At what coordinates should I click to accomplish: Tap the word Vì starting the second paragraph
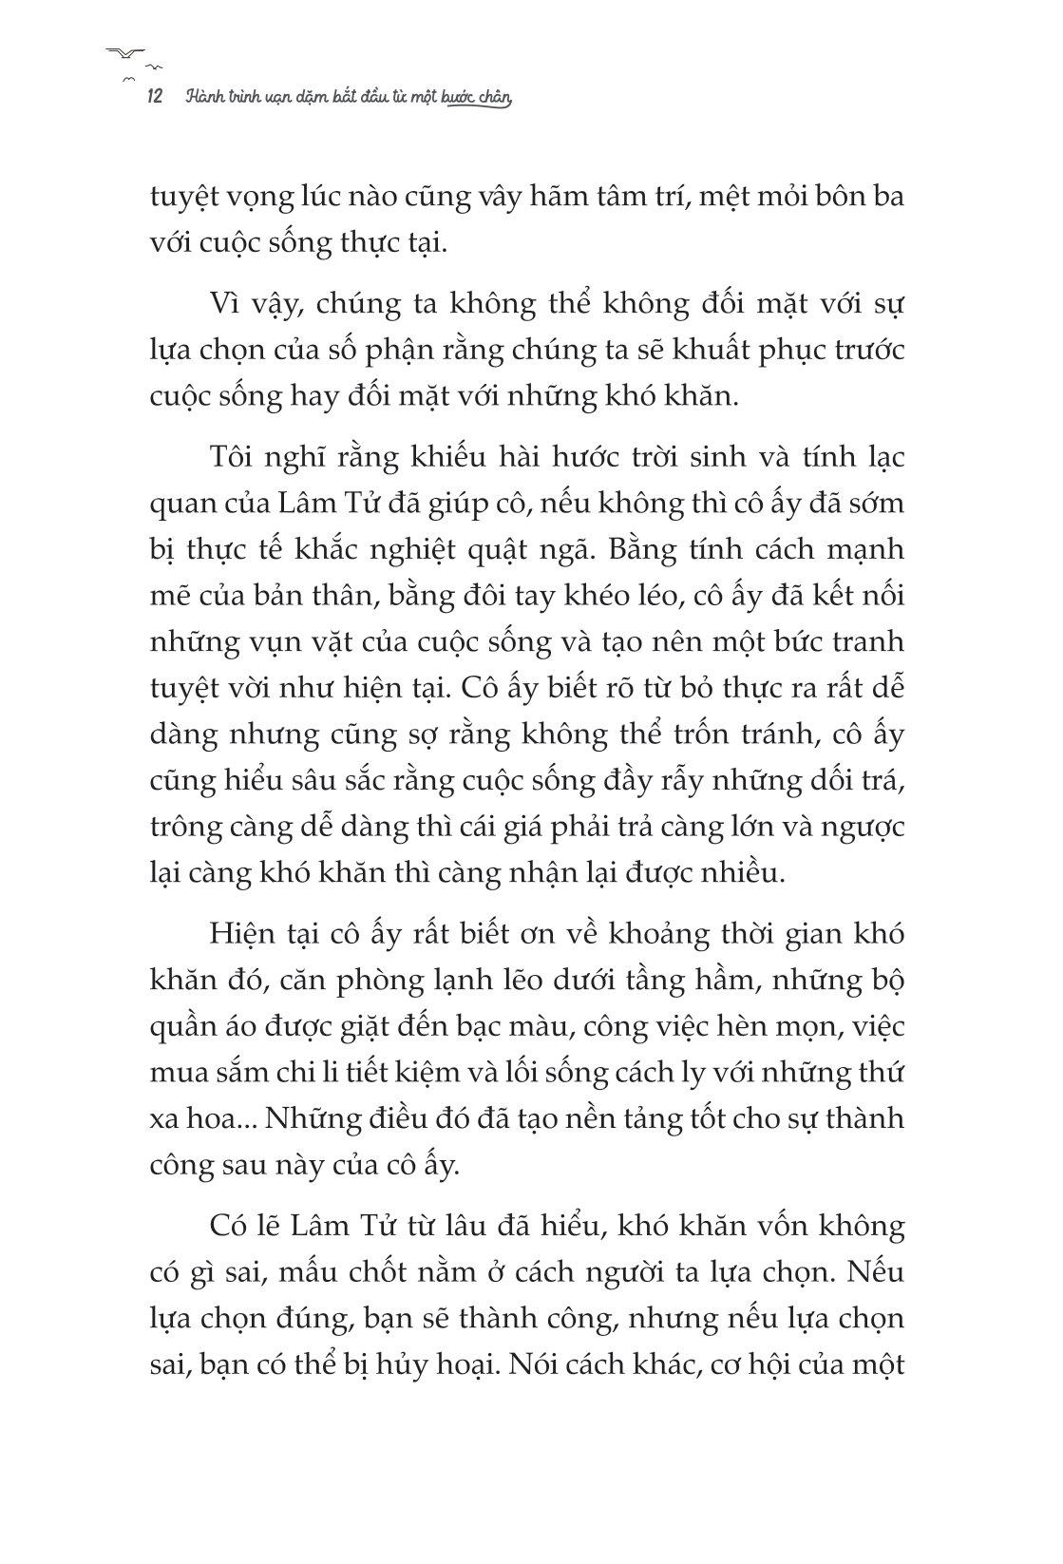(x=227, y=305)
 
